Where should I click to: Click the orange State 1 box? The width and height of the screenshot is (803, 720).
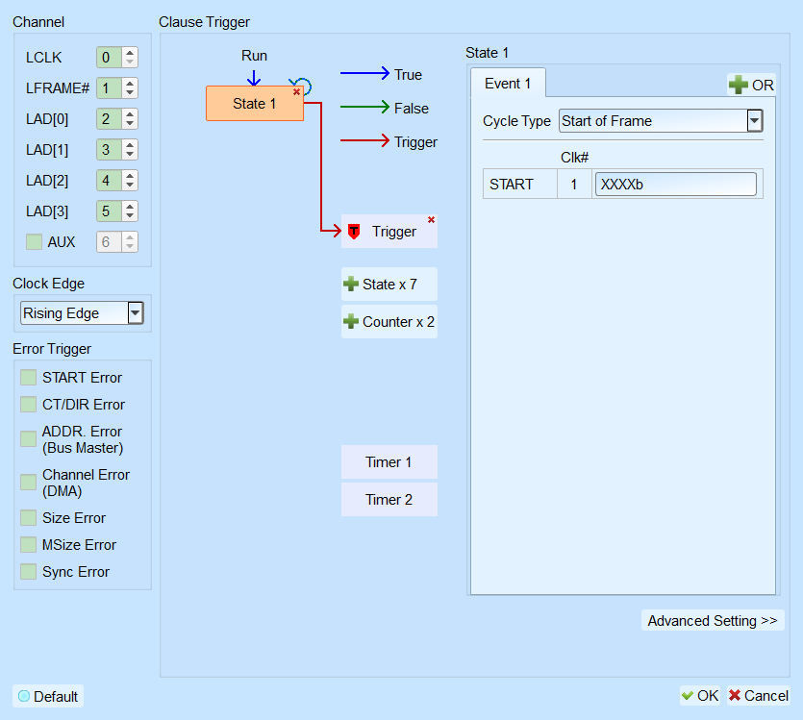[x=255, y=104]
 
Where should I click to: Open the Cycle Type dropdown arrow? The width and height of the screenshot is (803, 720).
[x=754, y=121]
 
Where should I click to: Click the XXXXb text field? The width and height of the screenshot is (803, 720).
[x=675, y=185]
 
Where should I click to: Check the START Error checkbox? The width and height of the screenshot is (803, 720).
[x=28, y=378]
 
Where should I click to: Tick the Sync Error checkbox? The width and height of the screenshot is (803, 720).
[x=28, y=572]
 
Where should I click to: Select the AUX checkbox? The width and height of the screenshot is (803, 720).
[x=34, y=242]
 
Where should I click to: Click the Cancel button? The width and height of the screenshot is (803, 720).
[x=759, y=695]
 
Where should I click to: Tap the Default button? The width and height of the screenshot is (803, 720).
[x=48, y=697]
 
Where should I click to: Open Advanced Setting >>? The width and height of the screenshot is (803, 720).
[x=713, y=621]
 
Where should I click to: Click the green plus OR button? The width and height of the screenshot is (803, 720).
[x=751, y=85]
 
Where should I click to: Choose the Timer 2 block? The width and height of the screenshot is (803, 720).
[x=389, y=500]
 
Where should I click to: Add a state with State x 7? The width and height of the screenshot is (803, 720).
[x=389, y=284]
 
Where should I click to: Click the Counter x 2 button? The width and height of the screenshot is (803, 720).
[x=389, y=322]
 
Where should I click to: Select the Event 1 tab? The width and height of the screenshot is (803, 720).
[x=508, y=84]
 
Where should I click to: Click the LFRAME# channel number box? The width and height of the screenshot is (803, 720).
[x=109, y=88]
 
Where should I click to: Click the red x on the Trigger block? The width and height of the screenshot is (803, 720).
[x=431, y=219]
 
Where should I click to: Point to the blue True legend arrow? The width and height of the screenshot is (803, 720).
[x=365, y=73]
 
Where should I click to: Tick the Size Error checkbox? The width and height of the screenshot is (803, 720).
[x=28, y=518]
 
